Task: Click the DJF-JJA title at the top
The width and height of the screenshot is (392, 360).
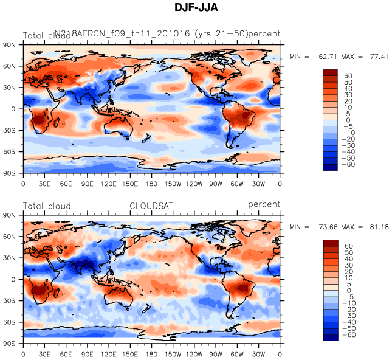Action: [x=195, y=7]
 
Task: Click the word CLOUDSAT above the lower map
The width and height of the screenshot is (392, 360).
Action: [x=151, y=206]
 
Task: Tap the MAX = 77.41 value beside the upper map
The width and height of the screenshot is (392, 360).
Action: [x=370, y=56]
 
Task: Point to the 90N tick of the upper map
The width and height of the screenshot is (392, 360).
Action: [x=9, y=45]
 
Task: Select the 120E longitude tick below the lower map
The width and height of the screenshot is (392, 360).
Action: [x=109, y=353]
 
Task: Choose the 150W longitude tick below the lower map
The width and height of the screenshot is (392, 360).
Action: [x=173, y=353]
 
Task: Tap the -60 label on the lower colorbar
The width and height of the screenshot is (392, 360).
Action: [x=350, y=335]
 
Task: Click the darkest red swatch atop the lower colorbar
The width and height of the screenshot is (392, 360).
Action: [x=330, y=243]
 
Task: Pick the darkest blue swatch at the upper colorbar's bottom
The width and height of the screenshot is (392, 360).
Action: [x=330, y=168]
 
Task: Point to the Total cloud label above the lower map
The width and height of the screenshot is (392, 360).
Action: [x=47, y=206]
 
